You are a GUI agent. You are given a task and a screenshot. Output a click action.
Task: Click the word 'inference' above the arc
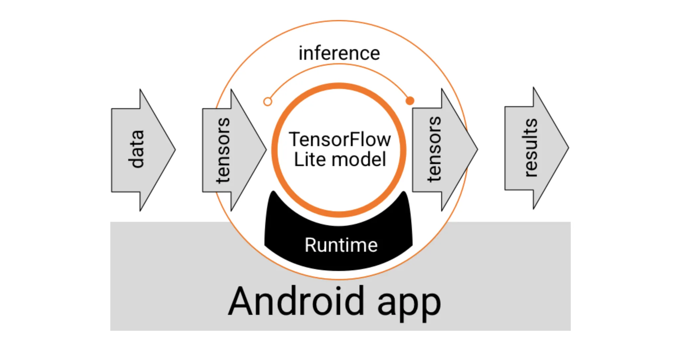click(339, 53)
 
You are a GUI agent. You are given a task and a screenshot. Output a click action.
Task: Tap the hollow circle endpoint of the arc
click(267, 102)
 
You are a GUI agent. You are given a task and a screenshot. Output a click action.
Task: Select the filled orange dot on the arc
click(410, 101)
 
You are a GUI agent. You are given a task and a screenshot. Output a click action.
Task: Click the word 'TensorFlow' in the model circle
click(340, 139)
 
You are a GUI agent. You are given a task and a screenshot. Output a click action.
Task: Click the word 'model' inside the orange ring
click(359, 159)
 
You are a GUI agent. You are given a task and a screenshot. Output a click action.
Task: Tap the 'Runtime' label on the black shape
click(341, 245)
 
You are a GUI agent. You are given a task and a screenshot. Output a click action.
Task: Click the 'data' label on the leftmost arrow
click(136, 149)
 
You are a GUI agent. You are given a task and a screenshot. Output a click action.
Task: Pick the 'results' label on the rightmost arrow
click(530, 148)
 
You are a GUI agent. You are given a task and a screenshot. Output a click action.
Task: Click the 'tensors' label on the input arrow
click(222, 150)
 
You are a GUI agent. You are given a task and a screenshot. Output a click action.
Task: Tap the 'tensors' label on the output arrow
click(434, 149)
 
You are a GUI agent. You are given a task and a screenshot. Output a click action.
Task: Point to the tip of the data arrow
click(175, 150)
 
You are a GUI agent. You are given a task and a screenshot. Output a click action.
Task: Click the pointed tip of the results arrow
click(568, 148)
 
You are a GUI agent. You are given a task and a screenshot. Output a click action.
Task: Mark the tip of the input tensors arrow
click(266, 150)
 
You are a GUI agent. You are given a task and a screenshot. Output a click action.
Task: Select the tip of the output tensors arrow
click(477, 149)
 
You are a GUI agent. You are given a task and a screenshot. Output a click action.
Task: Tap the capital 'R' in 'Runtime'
click(311, 245)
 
